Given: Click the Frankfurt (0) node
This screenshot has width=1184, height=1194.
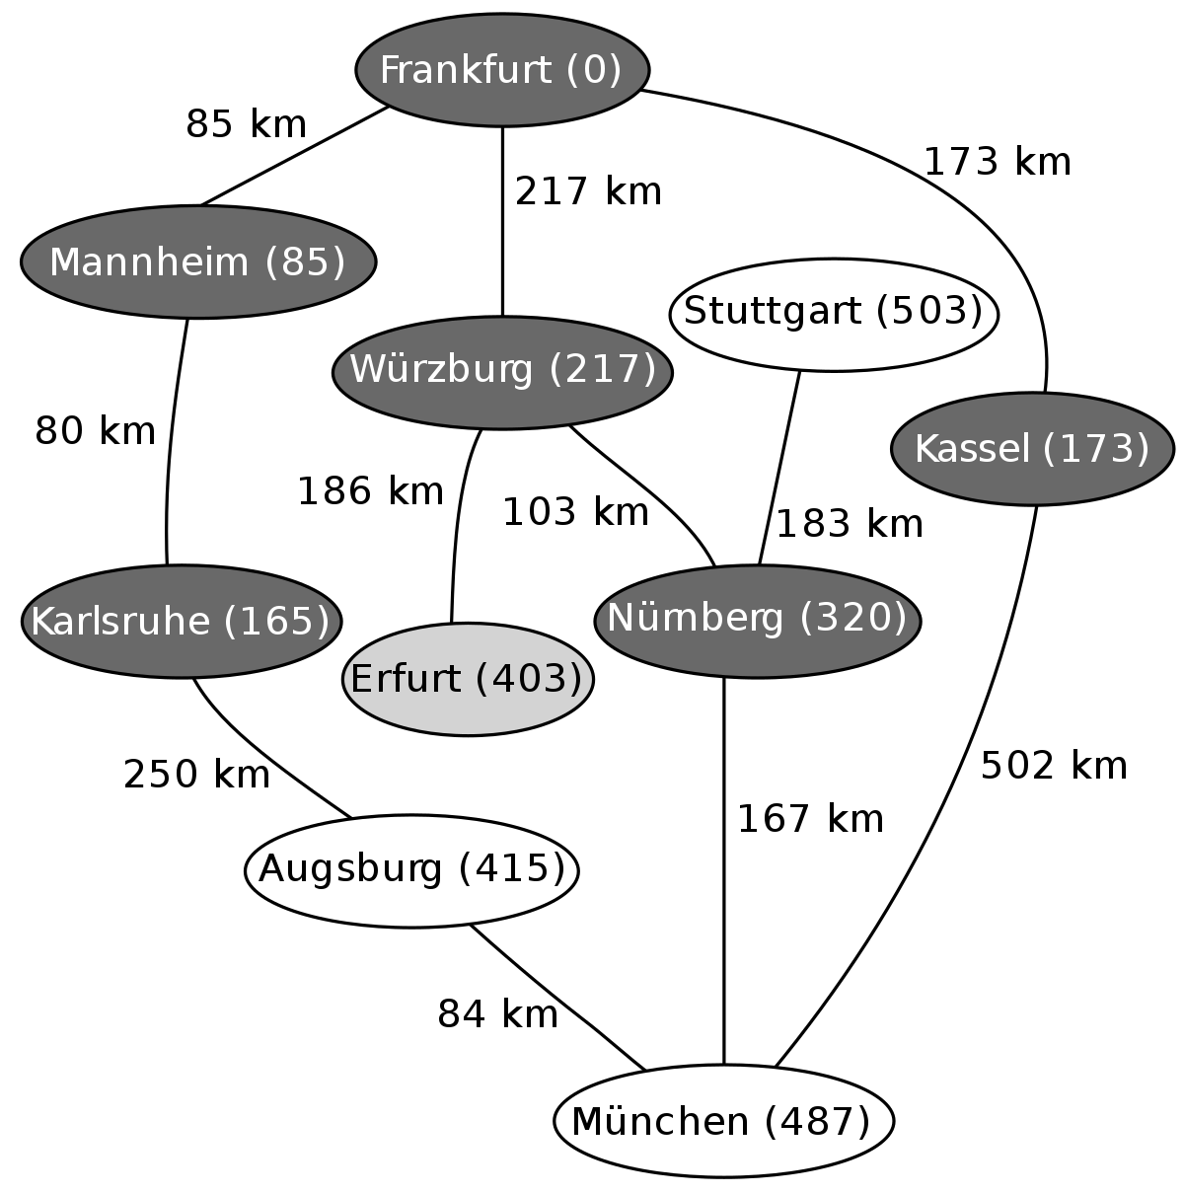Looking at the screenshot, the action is (x=502, y=70).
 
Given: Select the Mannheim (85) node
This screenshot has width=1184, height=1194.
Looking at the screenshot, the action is (x=198, y=262).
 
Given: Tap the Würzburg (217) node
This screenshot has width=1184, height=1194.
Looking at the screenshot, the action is (x=502, y=372).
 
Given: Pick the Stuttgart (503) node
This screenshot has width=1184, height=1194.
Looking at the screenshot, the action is (x=834, y=315).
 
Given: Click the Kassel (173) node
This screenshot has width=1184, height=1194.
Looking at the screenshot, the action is (x=1032, y=449).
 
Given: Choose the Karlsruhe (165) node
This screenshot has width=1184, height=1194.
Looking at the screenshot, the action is (x=181, y=621).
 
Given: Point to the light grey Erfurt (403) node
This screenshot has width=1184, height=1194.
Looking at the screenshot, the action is (x=468, y=679).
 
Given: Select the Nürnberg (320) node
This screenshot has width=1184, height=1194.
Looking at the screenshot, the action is (x=757, y=621).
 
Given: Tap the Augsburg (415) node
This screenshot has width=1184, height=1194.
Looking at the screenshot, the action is (x=412, y=870).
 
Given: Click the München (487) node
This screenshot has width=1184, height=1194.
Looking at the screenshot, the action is (x=723, y=1121).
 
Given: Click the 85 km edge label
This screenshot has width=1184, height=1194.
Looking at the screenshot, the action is (x=246, y=124).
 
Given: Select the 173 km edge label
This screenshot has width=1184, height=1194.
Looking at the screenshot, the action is (x=997, y=162).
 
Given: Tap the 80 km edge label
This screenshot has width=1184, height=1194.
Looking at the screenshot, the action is (x=95, y=430).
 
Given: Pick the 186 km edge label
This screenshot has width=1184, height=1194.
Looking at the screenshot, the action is (x=371, y=491).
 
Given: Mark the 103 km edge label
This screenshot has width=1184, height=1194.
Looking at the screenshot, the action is (x=575, y=512).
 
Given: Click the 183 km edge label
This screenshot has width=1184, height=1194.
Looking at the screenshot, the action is (x=850, y=524).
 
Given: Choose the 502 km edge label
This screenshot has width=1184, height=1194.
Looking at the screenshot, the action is (x=1054, y=765).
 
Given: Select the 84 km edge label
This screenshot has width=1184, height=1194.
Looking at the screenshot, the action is (x=497, y=1014).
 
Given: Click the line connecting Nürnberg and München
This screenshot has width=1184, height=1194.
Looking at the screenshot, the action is (x=723, y=871).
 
